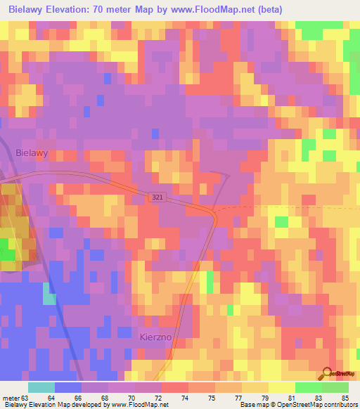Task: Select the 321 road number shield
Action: coord(157,199)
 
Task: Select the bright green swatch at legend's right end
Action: coord(335,387)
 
